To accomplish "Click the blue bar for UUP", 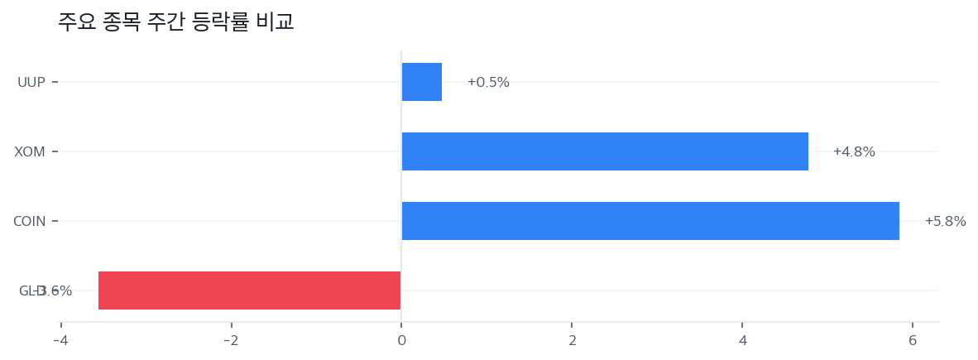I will click(x=422, y=82).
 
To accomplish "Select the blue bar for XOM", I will click(x=605, y=151).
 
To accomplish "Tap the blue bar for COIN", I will click(x=650, y=221).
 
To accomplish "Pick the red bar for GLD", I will click(x=249, y=290).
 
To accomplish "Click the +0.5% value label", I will click(x=488, y=83).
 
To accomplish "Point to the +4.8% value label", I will click(x=854, y=152).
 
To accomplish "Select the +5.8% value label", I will click(x=945, y=222).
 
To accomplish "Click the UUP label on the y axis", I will click(x=31, y=83).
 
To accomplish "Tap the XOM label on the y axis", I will click(x=30, y=152).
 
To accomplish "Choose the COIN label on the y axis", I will click(x=30, y=222).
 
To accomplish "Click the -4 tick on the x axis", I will click(x=60, y=341).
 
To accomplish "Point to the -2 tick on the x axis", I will click(x=231, y=341).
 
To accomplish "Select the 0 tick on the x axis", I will click(x=401, y=341).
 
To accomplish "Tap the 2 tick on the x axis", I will click(x=572, y=341).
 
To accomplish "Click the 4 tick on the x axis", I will click(x=742, y=341).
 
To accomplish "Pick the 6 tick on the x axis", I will click(x=913, y=341).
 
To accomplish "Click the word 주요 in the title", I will click(x=76, y=22).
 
